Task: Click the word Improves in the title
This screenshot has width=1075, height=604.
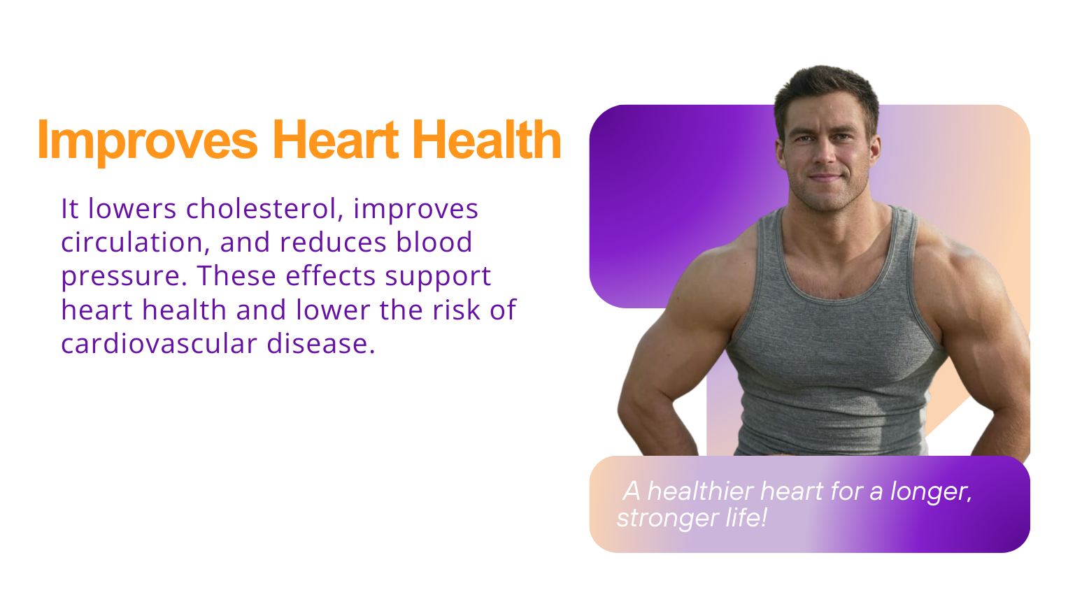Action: (148, 142)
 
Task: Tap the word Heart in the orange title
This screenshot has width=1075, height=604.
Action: (336, 140)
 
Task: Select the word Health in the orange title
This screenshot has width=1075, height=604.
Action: (487, 140)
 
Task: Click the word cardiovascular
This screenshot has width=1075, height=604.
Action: (159, 343)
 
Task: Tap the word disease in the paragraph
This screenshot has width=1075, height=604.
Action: (321, 343)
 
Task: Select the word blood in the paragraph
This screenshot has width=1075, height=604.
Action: (434, 242)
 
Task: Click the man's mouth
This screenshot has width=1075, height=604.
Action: (825, 178)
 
